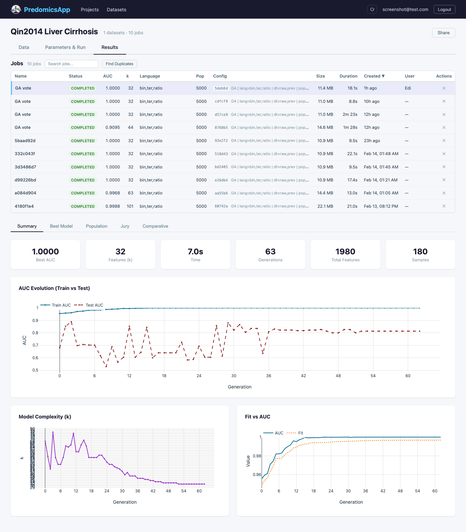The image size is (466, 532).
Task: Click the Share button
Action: click(x=443, y=33)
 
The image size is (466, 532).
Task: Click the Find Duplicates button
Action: click(x=119, y=64)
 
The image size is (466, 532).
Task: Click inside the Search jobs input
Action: click(x=71, y=64)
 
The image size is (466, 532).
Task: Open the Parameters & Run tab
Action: click(x=65, y=47)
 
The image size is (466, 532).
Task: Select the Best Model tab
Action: click(x=61, y=226)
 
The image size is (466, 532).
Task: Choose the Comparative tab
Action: click(x=155, y=226)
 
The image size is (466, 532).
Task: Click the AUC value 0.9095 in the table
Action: click(x=113, y=128)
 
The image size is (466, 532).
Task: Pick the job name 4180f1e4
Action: click(x=24, y=206)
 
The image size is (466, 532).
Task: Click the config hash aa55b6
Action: click(x=221, y=193)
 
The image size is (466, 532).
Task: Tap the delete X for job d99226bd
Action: click(x=444, y=180)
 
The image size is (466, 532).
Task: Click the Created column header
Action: click(x=374, y=76)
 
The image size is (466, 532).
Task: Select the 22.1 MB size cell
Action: click(x=325, y=206)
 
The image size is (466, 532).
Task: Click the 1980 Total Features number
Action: click(x=345, y=252)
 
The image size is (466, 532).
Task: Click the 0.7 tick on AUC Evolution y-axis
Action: click(x=35, y=345)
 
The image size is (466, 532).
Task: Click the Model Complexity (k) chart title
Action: click(x=45, y=417)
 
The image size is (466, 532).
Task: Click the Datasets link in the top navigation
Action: click(x=116, y=10)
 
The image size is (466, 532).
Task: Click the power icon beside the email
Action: click(x=372, y=9)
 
